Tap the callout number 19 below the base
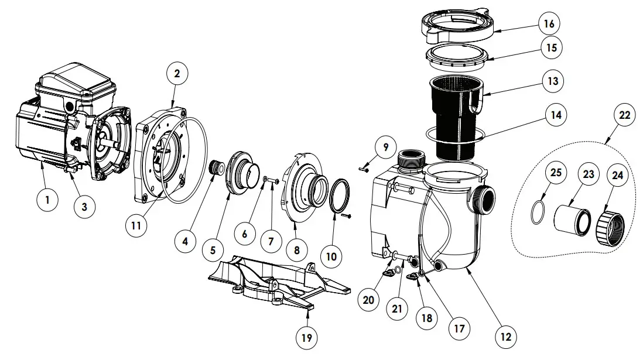pos(306,337)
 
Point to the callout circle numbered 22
pos(624,115)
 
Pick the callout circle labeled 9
pos(385,148)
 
